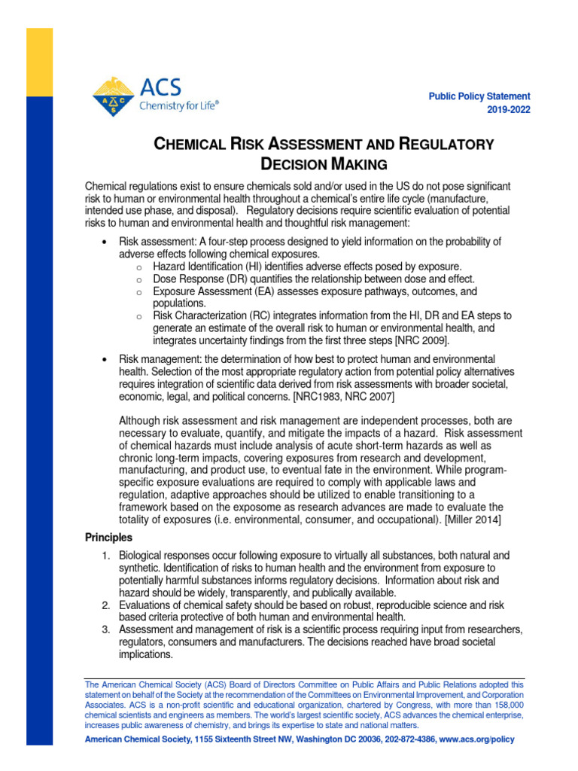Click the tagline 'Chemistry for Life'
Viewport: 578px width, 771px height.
pos(179,106)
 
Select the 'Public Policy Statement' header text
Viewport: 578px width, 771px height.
pos(479,96)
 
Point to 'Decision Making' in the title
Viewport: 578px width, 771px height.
pos(323,163)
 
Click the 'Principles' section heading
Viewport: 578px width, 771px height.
pos(108,538)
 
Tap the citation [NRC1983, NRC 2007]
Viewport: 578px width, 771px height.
pos(343,396)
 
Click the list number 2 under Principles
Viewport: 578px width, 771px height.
pos(106,605)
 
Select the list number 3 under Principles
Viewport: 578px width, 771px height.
pos(106,629)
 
